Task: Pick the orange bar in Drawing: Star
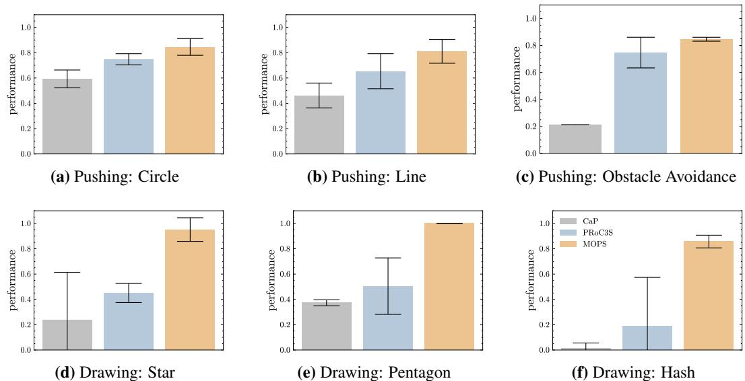point(190,290)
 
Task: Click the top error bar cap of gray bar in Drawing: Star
point(67,272)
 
